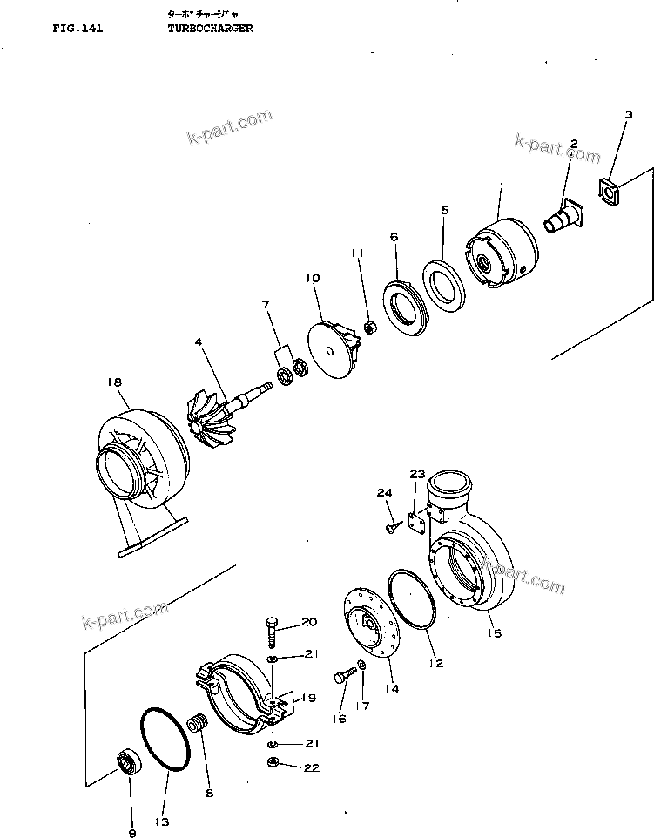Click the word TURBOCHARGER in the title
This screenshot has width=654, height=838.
210,28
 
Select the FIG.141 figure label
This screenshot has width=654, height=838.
78,28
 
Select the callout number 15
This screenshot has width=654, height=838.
494,633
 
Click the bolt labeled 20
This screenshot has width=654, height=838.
270,629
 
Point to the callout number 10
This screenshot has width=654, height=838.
313,278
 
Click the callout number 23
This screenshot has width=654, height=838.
417,475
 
